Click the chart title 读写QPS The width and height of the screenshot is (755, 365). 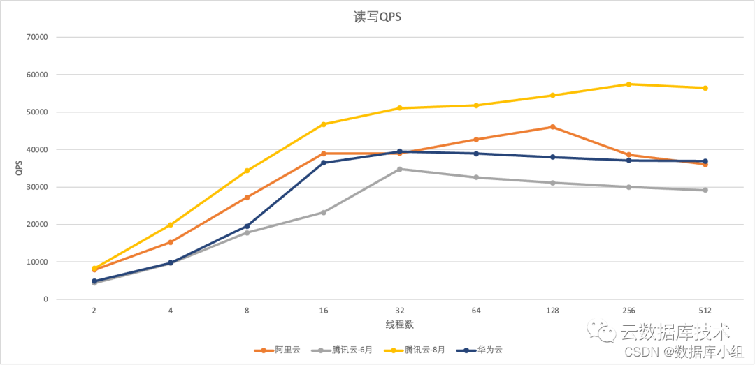pyautogui.click(x=377, y=17)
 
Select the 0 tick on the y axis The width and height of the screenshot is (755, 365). pyautogui.click(x=45, y=299)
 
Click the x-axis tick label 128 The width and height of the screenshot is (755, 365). pyautogui.click(x=552, y=311)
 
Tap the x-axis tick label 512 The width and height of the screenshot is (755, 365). pyautogui.click(x=705, y=311)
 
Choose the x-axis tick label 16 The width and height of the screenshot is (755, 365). pyautogui.click(x=323, y=311)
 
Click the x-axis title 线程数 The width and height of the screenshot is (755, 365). pyautogui.click(x=400, y=325)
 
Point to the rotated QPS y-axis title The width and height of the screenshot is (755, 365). pyautogui.click(x=20, y=168)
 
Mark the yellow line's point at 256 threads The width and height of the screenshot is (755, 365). pyautogui.click(x=628, y=84)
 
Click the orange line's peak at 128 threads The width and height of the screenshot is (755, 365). pyautogui.click(x=552, y=127)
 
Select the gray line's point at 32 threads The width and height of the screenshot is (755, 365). pyautogui.click(x=400, y=169)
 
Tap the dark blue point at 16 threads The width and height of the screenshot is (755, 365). pyautogui.click(x=323, y=163)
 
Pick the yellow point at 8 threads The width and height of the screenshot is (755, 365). pyautogui.click(x=247, y=170)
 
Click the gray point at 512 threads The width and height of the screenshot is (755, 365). pyautogui.click(x=705, y=190)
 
